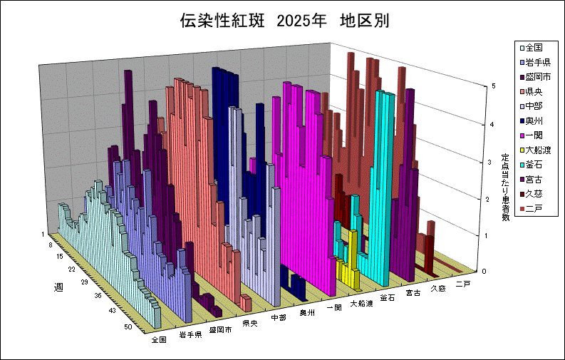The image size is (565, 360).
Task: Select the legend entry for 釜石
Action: point(534,165)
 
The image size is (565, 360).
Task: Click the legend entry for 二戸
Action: point(534,208)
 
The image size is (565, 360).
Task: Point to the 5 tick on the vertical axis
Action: point(484,86)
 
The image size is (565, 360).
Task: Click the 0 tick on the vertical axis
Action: point(484,271)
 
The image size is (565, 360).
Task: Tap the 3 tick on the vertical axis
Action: point(484,163)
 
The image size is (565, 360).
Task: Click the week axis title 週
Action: point(58,287)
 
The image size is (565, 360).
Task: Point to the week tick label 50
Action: point(128,326)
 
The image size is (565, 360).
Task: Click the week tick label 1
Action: point(43,234)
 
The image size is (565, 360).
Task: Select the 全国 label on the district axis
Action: point(159,340)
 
